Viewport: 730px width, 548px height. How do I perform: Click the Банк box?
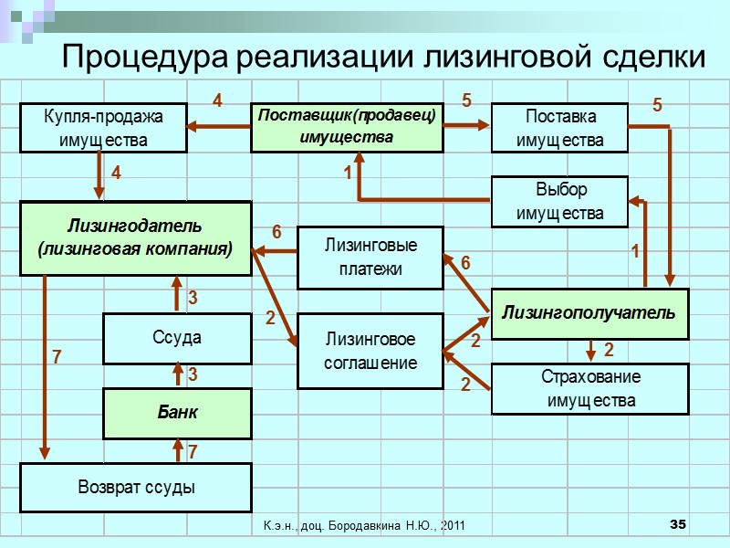[x=177, y=413]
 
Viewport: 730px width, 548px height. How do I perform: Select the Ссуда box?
[x=177, y=338]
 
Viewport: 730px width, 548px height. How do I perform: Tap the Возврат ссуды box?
[x=136, y=487]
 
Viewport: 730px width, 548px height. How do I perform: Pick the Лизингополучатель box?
[x=589, y=313]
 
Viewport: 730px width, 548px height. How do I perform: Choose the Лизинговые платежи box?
[x=370, y=258]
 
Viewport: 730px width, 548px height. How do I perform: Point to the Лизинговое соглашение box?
[x=370, y=351]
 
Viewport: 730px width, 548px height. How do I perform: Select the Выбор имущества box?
[x=560, y=201]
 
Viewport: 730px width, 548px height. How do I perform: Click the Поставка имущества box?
[x=560, y=128]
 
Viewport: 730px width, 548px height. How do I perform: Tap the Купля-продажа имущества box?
[x=103, y=128]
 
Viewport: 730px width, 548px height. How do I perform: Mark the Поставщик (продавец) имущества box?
[x=347, y=127]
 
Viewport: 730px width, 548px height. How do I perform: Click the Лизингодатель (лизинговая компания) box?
[x=136, y=237]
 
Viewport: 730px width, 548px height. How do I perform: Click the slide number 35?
[x=677, y=523]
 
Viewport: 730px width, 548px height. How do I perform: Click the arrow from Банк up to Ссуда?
[x=178, y=375]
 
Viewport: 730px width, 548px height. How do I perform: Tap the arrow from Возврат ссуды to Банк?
[x=178, y=449]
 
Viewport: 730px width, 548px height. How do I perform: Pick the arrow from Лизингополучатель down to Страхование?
[x=591, y=350]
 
